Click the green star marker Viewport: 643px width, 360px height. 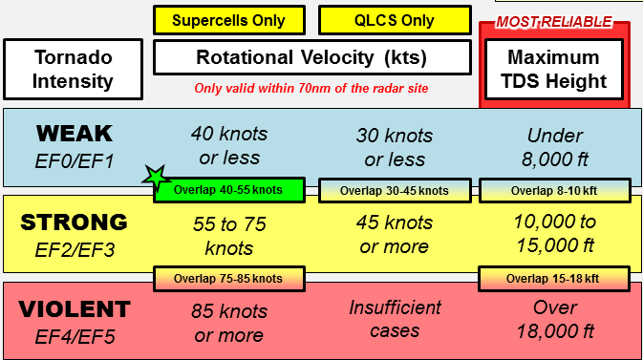coord(155,176)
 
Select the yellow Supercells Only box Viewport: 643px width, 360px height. coord(228,20)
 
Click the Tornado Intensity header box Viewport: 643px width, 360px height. coord(73,70)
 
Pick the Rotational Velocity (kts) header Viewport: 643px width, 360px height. coord(311,57)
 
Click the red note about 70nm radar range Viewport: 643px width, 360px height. coord(311,89)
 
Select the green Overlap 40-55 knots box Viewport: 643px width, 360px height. coord(228,190)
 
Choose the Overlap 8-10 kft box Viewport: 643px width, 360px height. coord(553,190)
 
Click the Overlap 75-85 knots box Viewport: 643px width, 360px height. coord(228,279)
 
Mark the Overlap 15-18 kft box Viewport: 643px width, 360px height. coord(553,279)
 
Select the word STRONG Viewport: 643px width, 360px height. coord(74,222)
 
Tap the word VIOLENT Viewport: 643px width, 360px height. coord(74,309)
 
